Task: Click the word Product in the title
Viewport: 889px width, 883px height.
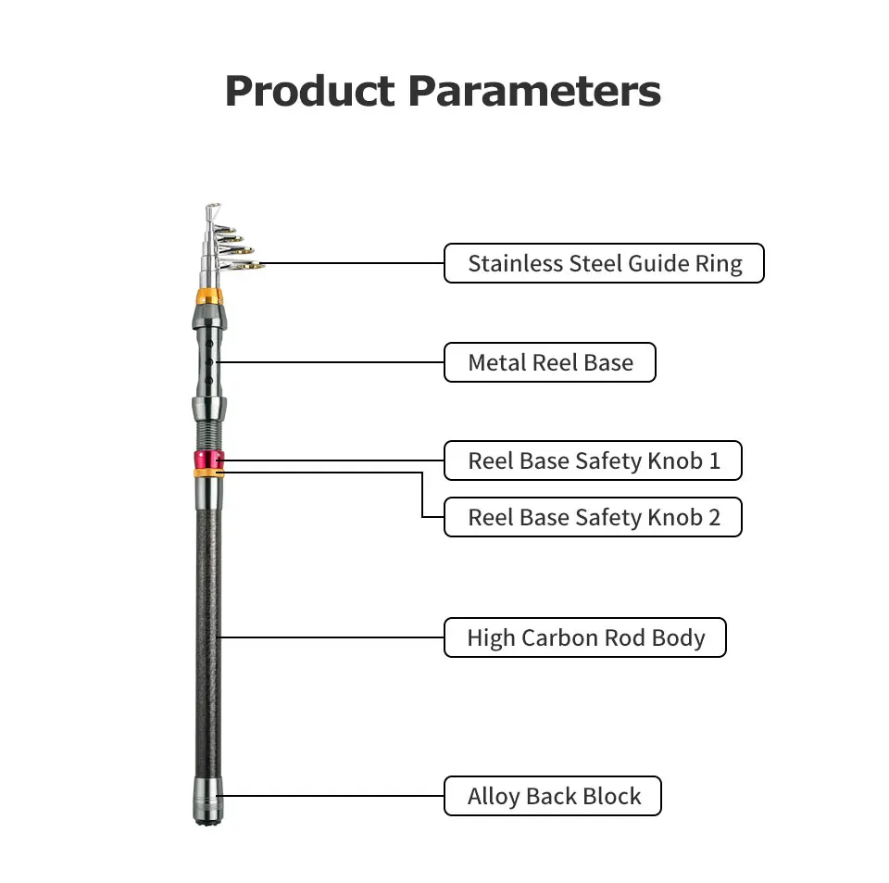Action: pos(309,92)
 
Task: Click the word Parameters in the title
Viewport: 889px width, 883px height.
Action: pos(534,91)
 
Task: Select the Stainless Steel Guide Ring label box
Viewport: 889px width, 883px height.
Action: pos(604,263)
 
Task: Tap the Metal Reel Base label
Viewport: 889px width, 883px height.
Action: pos(550,362)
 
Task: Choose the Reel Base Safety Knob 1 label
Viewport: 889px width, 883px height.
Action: pos(593,460)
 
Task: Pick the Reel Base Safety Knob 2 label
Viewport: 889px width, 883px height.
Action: pos(593,517)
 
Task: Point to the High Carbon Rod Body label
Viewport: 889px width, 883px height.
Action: pos(585,637)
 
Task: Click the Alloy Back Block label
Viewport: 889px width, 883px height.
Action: pos(553,796)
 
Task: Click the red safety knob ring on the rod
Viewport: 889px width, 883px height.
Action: pos(208,460)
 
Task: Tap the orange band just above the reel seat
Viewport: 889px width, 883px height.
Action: pos(208,296)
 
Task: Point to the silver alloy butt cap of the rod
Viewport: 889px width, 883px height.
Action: pos(208,801)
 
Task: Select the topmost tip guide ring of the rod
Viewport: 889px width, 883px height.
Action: pos(213,211)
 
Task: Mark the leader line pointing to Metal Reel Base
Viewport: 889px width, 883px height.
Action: pos(330,362)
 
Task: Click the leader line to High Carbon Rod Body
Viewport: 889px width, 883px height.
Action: pos(331,637)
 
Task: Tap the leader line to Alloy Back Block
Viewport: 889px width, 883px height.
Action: pos(331,796)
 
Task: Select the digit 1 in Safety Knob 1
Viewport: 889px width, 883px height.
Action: pos(714,460)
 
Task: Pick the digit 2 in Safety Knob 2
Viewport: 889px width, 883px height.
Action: pos(714,517)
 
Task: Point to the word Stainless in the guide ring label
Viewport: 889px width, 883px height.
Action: pos(516,264)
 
